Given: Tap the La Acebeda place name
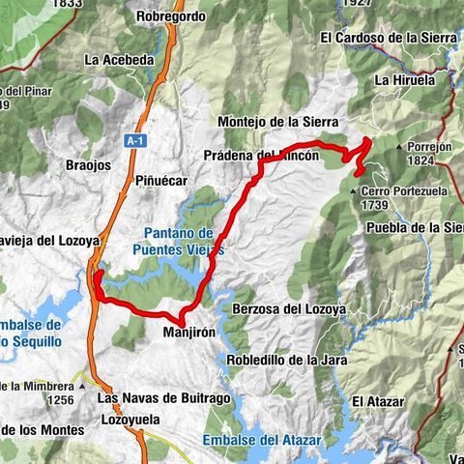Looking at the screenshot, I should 119,60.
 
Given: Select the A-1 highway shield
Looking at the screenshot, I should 133,141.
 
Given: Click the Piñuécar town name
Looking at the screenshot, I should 159,181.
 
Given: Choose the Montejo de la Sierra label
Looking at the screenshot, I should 278,123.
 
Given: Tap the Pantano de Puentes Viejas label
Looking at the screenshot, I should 179,241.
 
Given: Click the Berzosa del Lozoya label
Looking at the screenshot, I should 289,309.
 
